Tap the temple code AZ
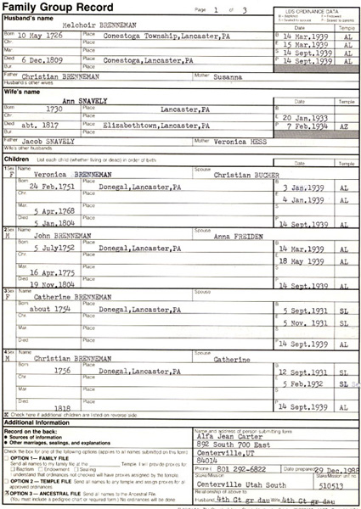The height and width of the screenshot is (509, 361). tap(341, 148)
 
